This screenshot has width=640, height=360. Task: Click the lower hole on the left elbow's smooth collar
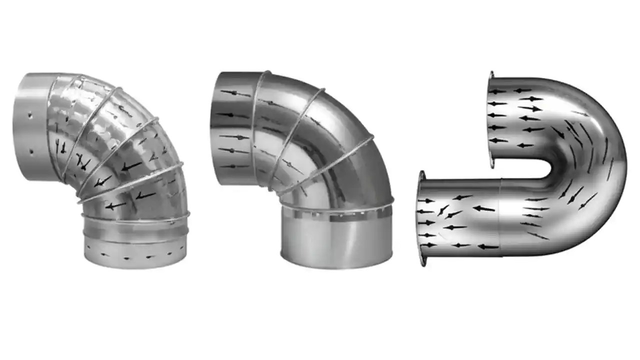click(x=31, y=150)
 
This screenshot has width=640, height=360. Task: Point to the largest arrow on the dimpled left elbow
click(x=131, y=165)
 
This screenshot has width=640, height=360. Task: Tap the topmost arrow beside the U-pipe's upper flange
click(x=498, y=91)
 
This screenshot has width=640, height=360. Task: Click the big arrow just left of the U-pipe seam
click(x=483, y=208)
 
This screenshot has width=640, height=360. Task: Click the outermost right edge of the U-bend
click(x=625, y=165)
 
